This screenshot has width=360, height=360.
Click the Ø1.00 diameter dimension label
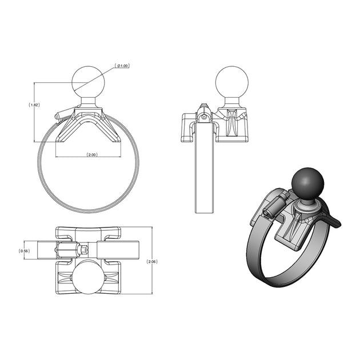[122, 66]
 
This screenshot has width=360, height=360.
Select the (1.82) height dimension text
[34, 105]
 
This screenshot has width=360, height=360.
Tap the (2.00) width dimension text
[91, 155]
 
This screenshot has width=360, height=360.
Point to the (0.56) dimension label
[24, 250]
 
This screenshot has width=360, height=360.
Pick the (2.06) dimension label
[152, 261]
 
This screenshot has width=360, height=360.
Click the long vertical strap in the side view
[204, 171]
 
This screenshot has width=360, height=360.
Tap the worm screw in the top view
[71, 250]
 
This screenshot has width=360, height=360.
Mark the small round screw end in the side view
[205, 118]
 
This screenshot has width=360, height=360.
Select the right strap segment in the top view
[118, 250]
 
